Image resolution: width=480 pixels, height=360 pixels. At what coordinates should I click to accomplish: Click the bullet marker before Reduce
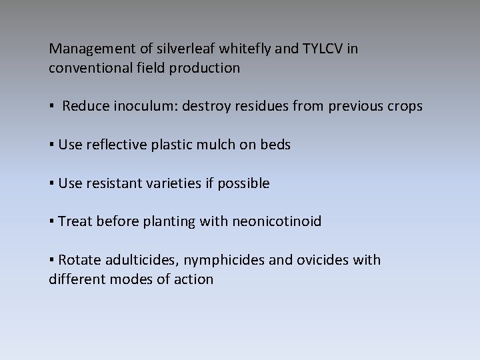tap(51, 107)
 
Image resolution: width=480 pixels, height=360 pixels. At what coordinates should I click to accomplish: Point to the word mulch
tap(215, 145)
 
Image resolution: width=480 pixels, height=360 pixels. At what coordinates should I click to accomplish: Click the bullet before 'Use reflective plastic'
tap(51, 145)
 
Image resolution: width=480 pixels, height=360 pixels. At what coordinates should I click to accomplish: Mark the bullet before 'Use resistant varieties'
tap(51, 184)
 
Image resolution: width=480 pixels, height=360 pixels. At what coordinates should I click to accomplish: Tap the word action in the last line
tap(193, 279)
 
